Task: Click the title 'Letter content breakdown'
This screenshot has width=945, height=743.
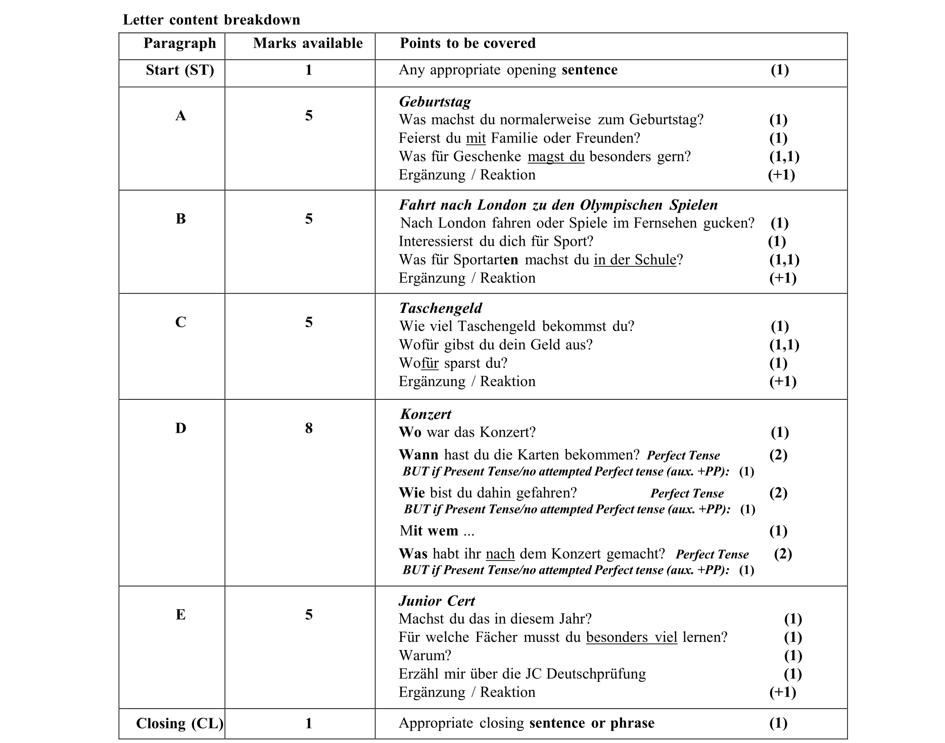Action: coord(211,20)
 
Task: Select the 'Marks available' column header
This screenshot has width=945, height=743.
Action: coord(308,43)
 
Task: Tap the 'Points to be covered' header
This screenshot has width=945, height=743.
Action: coord(467,43)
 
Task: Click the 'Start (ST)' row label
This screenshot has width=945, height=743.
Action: coord(180,70)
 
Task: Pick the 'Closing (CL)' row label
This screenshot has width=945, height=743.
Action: coord(179,723)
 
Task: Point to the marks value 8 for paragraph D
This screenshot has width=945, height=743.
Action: coord(309,428)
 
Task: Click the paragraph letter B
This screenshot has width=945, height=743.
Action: coord(180,218)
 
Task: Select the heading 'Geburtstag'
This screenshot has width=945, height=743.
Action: coord(435,102)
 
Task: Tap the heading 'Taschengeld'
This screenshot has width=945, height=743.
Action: coord(440,308)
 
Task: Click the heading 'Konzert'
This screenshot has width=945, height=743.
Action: coord(426,414)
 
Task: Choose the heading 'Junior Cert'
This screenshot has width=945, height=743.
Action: coord(437,600)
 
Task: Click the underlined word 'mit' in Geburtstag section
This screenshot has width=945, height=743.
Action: coord(476,138)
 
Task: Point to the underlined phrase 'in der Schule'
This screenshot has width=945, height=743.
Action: coord(635,260)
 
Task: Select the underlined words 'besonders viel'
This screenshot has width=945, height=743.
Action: coord(631,637)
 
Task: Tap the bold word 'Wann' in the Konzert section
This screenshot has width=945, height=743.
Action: coord(418,455)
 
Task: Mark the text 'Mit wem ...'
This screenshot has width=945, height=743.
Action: coord(437,531)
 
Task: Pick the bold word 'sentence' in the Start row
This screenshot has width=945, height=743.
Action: coord(589,70)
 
